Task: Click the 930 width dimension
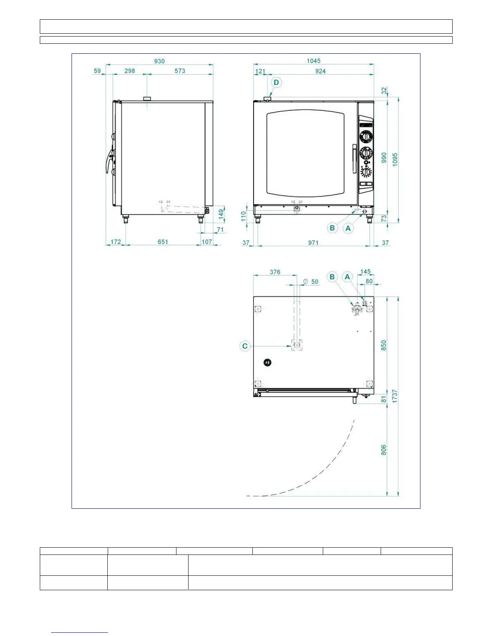[160, 61]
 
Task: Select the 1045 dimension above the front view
[314, 61]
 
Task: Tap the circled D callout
[276, 83]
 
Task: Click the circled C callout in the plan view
[245, 346]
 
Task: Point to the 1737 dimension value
[395, 396]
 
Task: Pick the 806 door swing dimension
[383, 450]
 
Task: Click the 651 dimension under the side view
[163, 242]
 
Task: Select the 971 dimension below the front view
[313, 243]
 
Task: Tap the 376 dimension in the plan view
[275, 272]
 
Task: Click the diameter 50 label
[311, 281]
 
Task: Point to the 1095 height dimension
[395, 160]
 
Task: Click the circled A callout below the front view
[348, 228]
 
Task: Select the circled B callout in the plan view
[332, 277]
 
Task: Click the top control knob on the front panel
[366, 137]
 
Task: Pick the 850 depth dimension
[383, 345]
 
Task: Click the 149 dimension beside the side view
[221, 213]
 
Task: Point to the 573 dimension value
[180, 71]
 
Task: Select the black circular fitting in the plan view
[267, 363]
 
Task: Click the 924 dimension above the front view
[320, 71]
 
